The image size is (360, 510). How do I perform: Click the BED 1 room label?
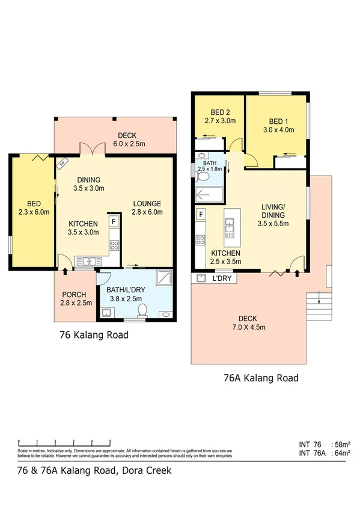276,124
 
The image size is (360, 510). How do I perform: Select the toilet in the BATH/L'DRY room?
142,310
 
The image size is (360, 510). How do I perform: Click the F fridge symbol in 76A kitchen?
201,214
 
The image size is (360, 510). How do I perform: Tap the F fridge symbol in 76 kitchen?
112,221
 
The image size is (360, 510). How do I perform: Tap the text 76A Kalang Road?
260,378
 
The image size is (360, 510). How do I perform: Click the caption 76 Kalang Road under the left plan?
93,335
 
